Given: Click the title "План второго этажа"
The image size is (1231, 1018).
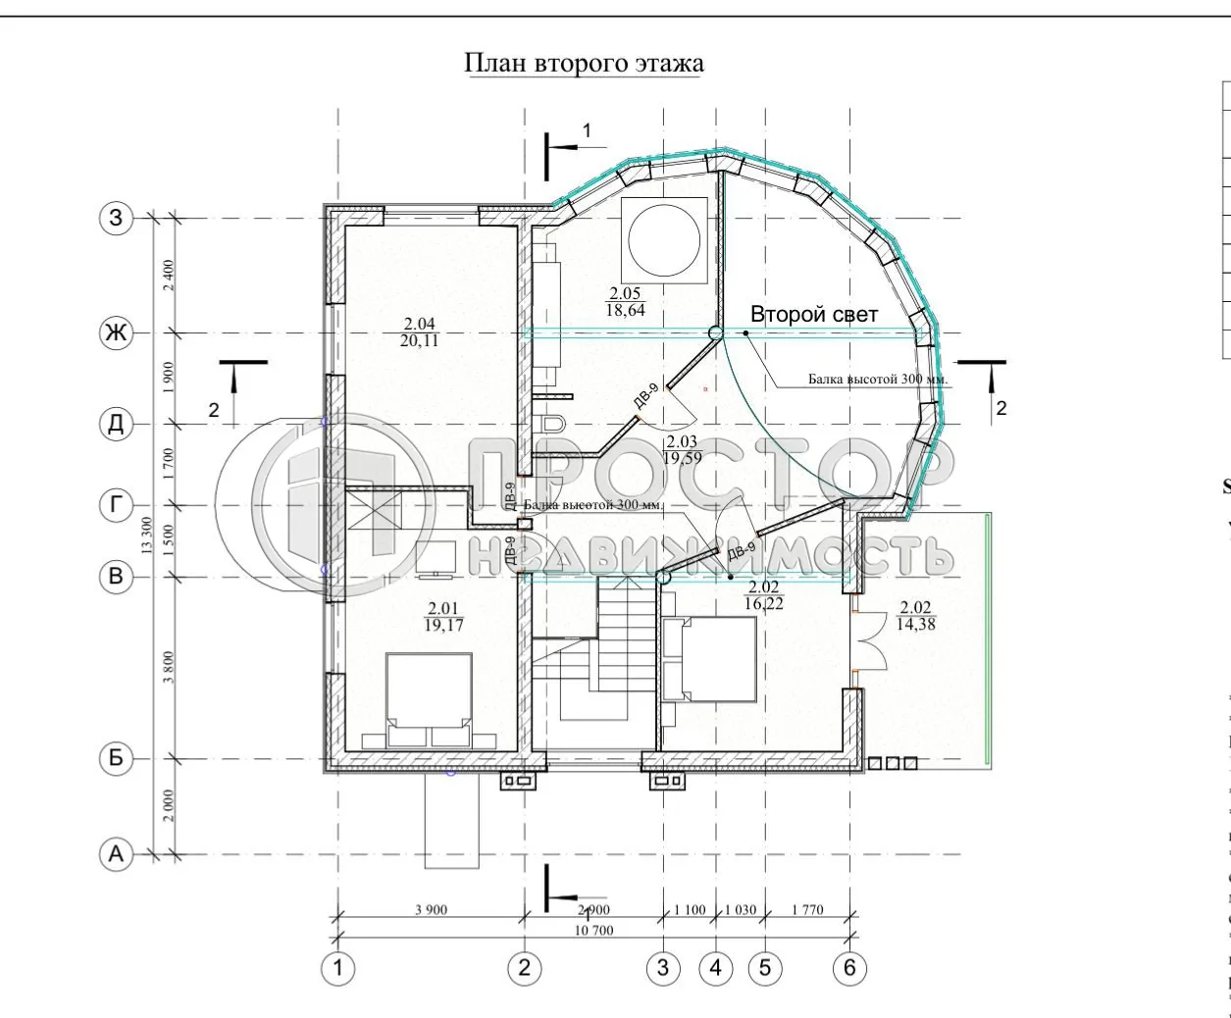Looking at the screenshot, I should click(x=584, y=64).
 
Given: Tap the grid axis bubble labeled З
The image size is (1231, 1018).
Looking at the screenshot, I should click(x=117, y=218).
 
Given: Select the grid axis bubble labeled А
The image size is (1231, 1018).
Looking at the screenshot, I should click(x=117, y=855).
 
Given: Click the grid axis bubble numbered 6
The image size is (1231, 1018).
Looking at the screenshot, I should click(x=849, y=968).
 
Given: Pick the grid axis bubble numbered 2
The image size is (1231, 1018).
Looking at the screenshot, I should click(x=525, y=968).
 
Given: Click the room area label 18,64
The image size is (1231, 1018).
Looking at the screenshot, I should click(x=625, y=312).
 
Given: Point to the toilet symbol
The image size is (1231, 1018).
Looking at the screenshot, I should click(x=551, y=424).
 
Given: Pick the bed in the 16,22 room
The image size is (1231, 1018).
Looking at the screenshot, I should click(x=708, y=659).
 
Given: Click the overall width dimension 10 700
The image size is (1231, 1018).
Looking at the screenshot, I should click(x=591, y=930).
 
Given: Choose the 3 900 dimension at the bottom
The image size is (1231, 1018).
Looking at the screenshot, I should click(x=431, y=910).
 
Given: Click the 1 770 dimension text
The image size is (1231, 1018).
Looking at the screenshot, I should click(x=806, y=910).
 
